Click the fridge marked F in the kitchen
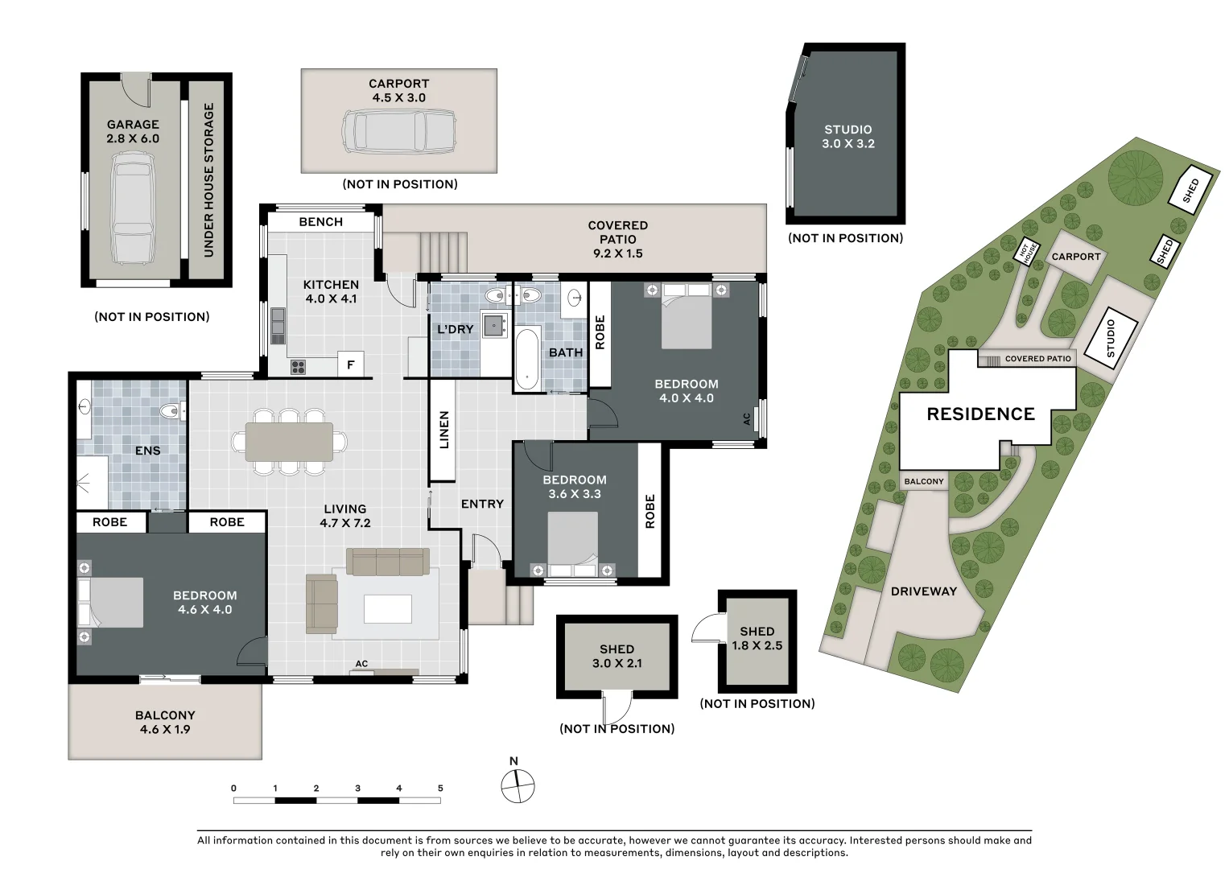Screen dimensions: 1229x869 coord(350,364)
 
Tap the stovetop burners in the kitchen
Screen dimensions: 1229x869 coord(298,367)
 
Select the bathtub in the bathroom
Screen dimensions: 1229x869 coord(527,359)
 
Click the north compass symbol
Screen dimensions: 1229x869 coord(518,785)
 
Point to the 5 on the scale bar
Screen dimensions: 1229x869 coord(440,789)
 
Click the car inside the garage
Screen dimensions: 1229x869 coord(132,209)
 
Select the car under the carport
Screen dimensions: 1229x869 coord(399,134)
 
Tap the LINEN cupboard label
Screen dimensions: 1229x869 coord(443,430)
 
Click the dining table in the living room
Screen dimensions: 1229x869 coord(289,442)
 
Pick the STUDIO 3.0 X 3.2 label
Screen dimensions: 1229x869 coord(848,137)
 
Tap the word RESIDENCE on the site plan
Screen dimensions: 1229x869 coord(980,414)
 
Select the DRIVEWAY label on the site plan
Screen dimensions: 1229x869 coord(923,591)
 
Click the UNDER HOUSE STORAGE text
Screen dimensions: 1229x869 coord(208,180)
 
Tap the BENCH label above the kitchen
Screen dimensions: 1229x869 coord(320,221)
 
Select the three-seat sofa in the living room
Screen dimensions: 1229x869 coord(388,562)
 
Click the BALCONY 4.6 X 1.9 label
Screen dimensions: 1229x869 coord(165,722)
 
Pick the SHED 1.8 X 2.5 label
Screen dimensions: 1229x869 coord(757,639)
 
